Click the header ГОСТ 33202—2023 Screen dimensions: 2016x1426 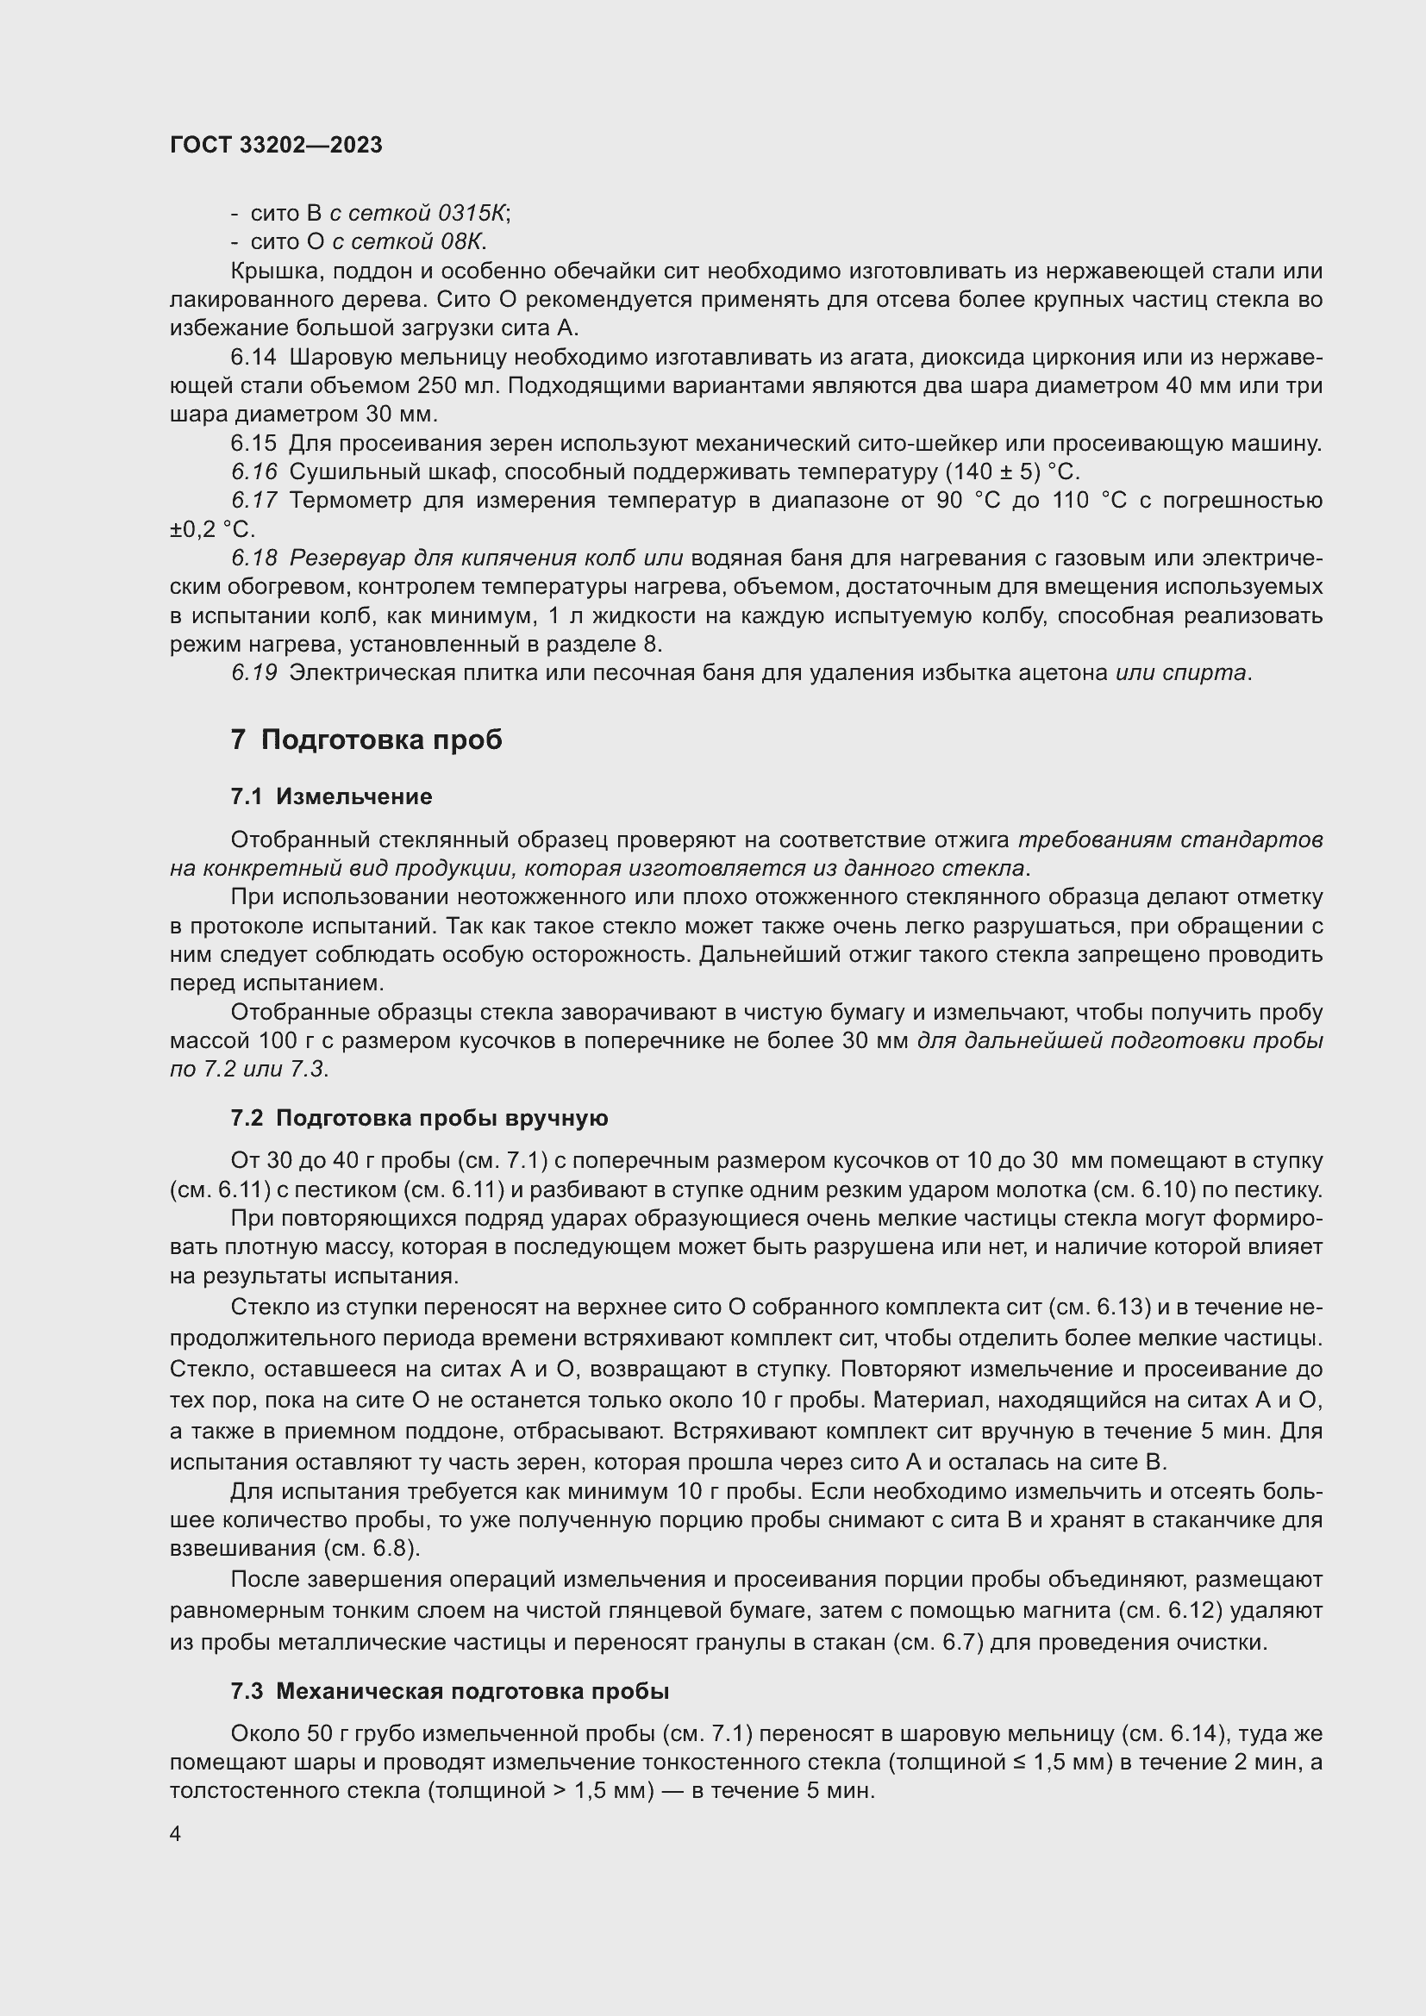(x=276, y=146)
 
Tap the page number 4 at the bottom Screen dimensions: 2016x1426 (x=176, y=1833)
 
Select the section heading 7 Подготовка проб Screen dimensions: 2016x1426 (x=366, y=740)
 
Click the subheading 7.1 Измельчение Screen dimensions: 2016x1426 (x=331, y=796)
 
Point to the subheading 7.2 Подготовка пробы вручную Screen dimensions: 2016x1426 (x=419, y=1118)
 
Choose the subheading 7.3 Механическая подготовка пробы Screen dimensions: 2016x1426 (x=449, y=1691)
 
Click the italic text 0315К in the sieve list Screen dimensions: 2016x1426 (x=472, y=214)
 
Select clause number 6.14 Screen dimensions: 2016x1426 (x=253, y=358)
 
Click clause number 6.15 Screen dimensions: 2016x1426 (x=253, y=443)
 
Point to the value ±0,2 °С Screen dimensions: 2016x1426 (x=211, y=529)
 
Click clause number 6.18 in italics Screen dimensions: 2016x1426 (x=253, y=559)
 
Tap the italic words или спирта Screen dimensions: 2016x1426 (x=1180, y=672)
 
